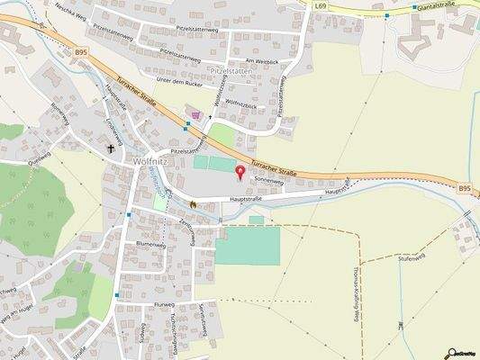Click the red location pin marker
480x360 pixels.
tap(240, 171)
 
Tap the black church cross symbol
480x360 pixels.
tap(113, 148)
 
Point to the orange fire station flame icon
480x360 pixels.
tap(192, 204)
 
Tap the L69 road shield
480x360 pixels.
tap(321, 5)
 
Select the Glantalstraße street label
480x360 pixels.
tap(432, 6)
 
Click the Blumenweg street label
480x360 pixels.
tap(150, 245)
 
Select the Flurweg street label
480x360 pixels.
tap(164, 305)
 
